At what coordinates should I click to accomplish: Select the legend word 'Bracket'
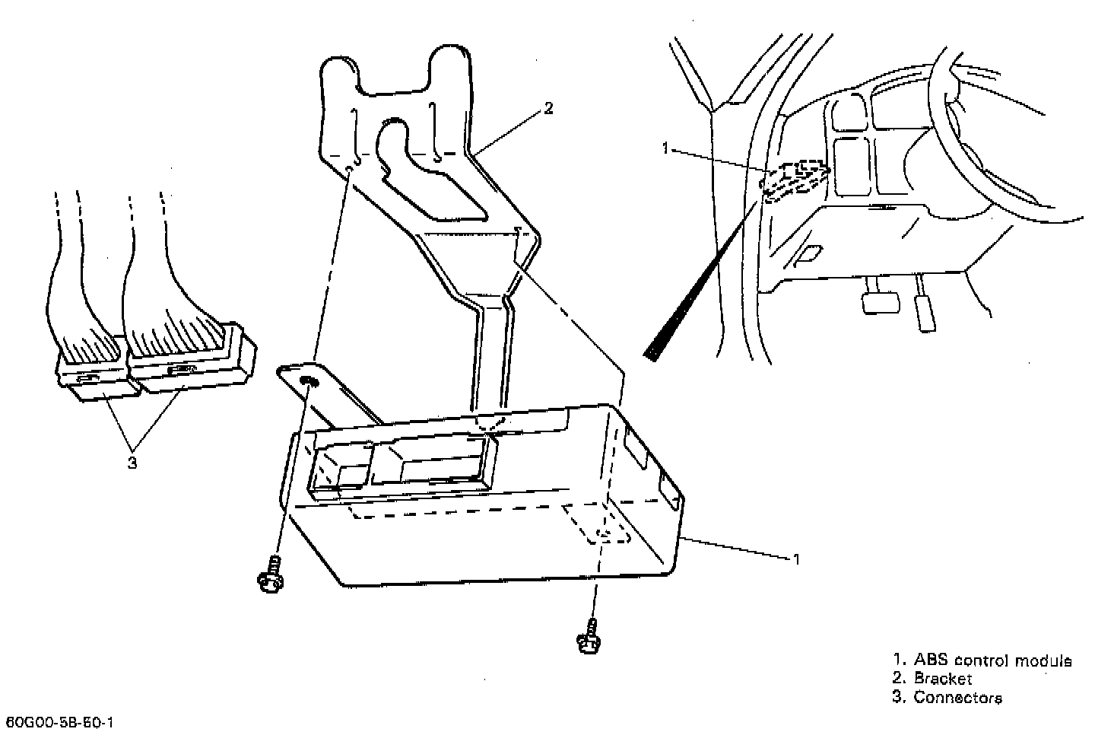(943, 679)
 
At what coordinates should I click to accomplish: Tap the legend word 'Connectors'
(957, 697)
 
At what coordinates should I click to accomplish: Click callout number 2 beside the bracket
(548, 109)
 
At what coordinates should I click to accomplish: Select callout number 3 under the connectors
(132, 462)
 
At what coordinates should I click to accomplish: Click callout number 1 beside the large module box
(796, 559)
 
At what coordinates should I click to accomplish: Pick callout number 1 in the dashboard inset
(666, 148)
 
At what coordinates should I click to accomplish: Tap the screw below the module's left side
(270, 574)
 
